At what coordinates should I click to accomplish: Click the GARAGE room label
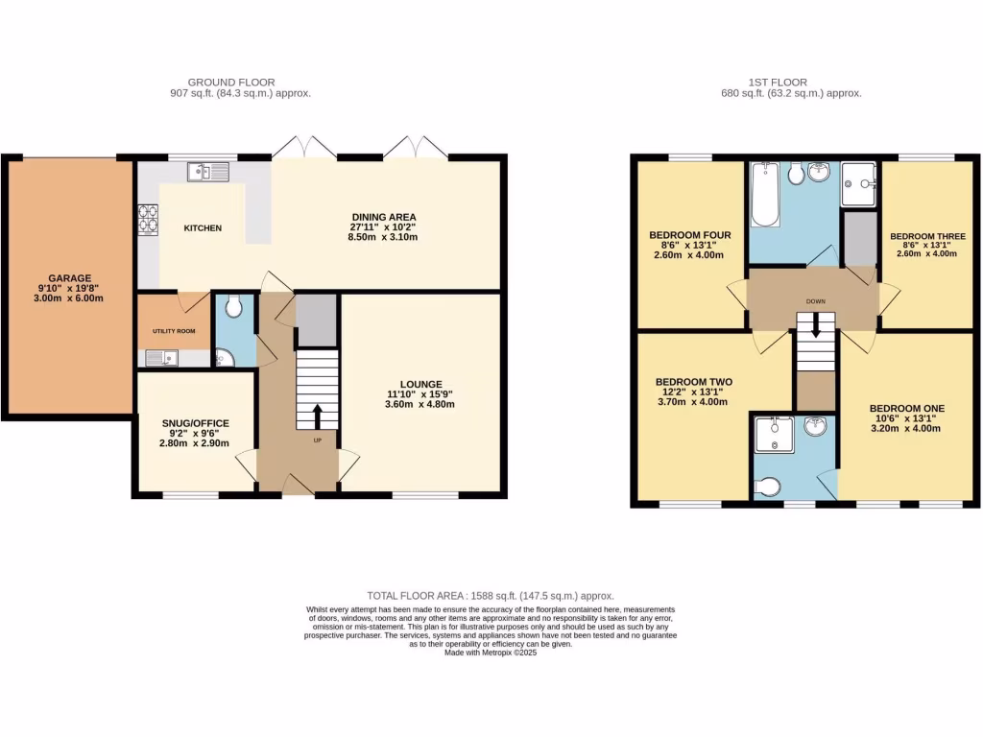click(x=69, y=277)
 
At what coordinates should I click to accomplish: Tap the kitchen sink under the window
click(x=208, y=172)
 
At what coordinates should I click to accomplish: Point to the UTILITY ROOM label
click(x=174, y=330)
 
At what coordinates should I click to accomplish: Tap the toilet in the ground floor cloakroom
click(x=234, y=308)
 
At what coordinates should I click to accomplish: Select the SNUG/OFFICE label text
click(x=196, y=423)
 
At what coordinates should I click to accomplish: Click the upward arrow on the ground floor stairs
click(x=318, y=416)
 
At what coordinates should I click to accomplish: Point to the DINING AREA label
click(x=383, y=217)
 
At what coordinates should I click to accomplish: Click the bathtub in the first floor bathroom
click(x=765, y=194)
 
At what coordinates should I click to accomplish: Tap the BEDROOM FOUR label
click(x=690, y=235)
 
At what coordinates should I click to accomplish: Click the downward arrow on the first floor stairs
click(x=816, y=326)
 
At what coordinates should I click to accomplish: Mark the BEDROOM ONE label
click(x=907, y=409)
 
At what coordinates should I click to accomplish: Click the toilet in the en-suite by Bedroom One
click(x=768, y=488)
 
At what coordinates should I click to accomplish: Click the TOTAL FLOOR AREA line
click(x=490, y=596)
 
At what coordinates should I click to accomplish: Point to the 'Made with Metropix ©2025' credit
click(x=491, y=653)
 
